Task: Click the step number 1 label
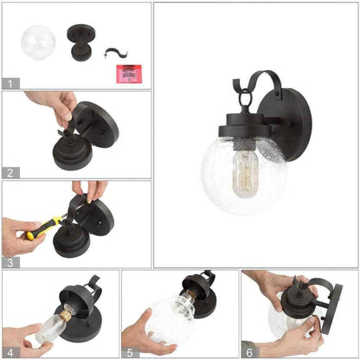coord(10,84)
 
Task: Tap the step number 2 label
coord(10,173)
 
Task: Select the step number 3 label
coord(10,263)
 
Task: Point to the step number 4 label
coord(10,352)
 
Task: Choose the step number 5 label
coord(130,352)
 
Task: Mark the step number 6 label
coord(249,352)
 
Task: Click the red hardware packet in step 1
coord(129,74)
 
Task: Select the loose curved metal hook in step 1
coord(115,53)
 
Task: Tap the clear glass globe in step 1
coord(38,43)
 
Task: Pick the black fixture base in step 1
coord(80,42)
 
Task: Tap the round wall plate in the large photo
coord(284,125)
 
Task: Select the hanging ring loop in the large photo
coord(245,97)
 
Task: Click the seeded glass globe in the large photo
coord(244,176)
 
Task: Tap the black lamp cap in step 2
coord(73,152)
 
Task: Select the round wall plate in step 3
coord(94,217)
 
